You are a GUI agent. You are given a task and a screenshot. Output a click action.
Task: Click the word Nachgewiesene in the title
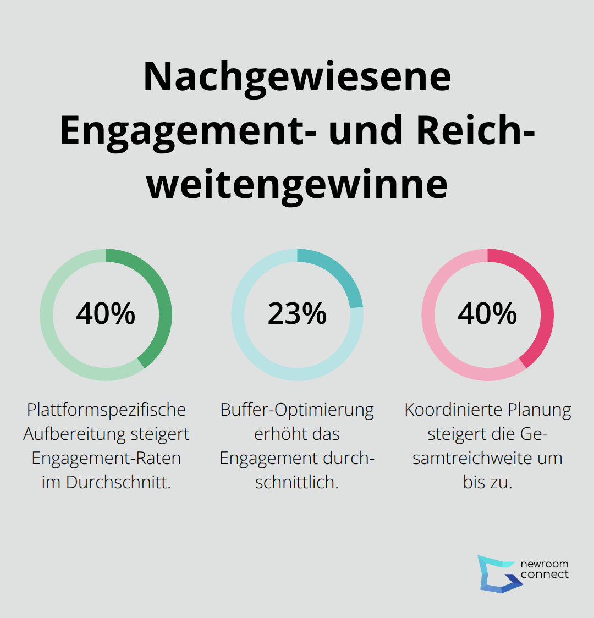297,76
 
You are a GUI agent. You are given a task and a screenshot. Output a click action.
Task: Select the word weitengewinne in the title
297,184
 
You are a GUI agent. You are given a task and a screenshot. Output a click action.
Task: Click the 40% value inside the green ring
106,314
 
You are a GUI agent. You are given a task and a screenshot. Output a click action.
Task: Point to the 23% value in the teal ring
297,314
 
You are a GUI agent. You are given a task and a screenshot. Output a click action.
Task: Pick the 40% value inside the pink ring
487,314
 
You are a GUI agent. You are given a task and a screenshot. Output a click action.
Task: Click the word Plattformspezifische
106,410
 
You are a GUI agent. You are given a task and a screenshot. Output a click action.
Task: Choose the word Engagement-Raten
106,458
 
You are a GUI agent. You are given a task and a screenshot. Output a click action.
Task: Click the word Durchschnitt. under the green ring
118,482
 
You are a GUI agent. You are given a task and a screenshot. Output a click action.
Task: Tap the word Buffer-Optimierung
297,410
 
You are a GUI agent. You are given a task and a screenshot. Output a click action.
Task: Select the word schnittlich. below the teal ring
297,482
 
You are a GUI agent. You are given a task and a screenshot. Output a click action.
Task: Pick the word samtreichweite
470,458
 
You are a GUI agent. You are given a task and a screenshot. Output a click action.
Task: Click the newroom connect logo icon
498,573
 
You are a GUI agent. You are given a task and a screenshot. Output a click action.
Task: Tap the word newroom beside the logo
544,564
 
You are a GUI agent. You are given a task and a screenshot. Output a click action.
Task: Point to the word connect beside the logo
544,575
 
